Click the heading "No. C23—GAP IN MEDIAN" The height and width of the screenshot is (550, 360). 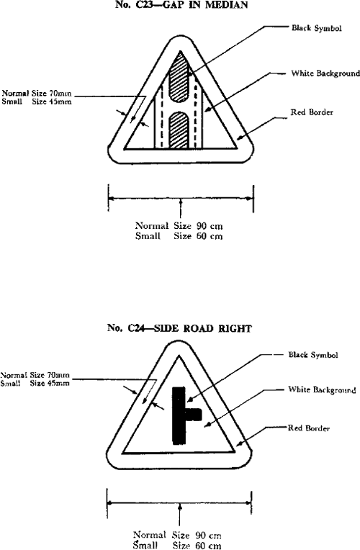pos(181,5)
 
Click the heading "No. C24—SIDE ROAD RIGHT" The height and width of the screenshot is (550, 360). pos(179,328)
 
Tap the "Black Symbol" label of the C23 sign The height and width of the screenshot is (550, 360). pos(317,28)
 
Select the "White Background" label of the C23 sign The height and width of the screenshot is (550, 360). pos(325,73)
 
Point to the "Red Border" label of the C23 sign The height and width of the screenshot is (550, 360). pos(312,112)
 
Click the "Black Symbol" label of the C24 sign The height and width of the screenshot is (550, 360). pos(313,355)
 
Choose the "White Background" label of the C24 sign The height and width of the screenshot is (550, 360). pos(322,389)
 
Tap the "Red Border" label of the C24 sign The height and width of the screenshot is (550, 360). pos(309,428)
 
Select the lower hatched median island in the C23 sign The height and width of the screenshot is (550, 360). pos(180,130)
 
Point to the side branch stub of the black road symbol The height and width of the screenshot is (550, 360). pos(194,414)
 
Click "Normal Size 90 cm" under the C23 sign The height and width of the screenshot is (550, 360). pos(179,225)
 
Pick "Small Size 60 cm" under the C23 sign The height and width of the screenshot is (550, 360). pos(179,235)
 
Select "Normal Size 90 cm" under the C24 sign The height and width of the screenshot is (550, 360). pos(177,536)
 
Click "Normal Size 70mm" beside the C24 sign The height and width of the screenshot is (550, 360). pos(35,375)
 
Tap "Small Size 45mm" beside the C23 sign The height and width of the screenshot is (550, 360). pos(37,102)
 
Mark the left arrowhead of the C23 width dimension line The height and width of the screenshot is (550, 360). pos(112,199)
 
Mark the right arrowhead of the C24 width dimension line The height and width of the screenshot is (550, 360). pos(248,503)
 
